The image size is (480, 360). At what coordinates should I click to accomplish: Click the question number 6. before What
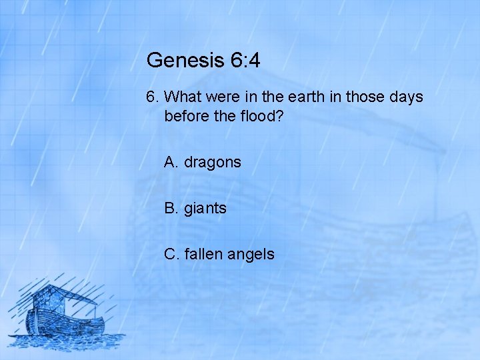pos(153,97)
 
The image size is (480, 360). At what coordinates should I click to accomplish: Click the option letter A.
pos(171,162)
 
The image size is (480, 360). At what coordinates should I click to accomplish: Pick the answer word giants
pos(205,209)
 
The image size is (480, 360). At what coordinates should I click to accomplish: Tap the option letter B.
pos(171,208)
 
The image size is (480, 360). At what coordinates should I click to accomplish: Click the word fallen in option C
pos(202,254)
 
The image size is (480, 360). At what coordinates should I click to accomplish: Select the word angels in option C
pos(250,255)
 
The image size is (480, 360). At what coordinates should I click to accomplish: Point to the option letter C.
pos(171,254)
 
